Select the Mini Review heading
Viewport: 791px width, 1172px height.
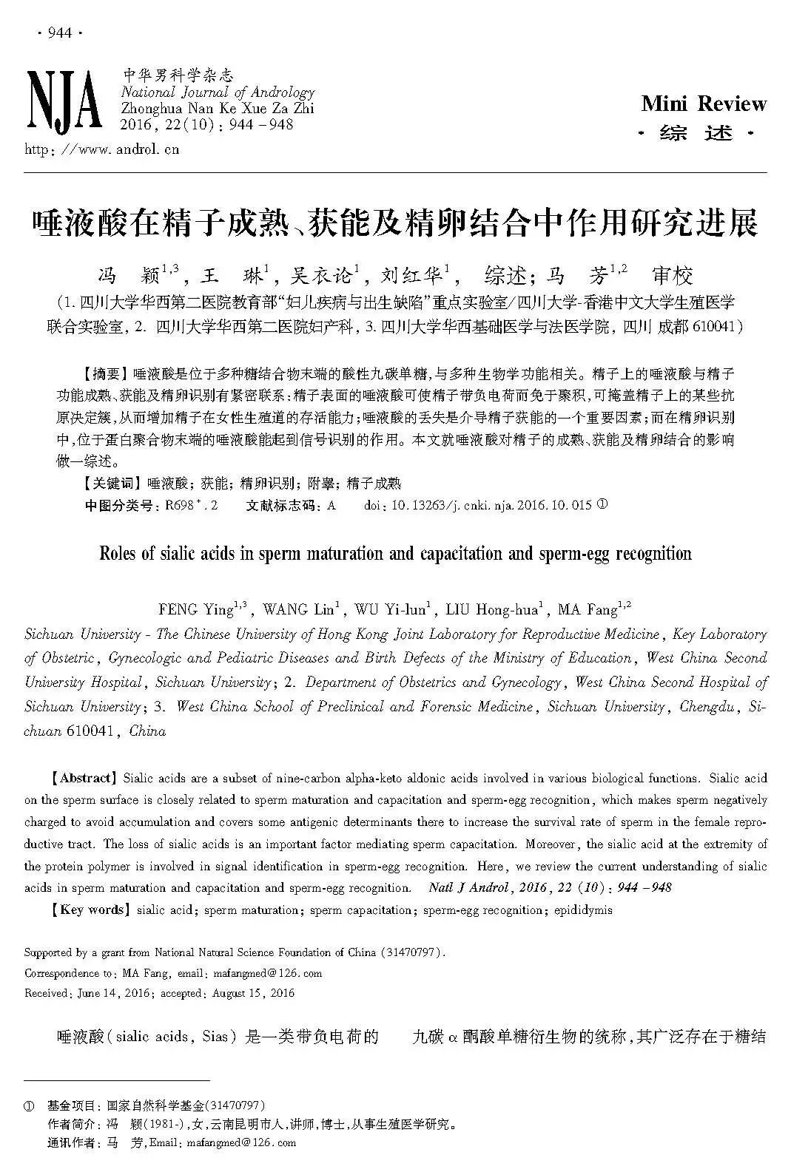pos(704,104)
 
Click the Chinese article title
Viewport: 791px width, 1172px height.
pos(395,223)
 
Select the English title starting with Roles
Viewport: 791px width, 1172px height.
pos(395,554)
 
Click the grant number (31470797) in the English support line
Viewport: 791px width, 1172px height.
pos(412,952)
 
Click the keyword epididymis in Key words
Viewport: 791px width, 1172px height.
pos(583,910)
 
